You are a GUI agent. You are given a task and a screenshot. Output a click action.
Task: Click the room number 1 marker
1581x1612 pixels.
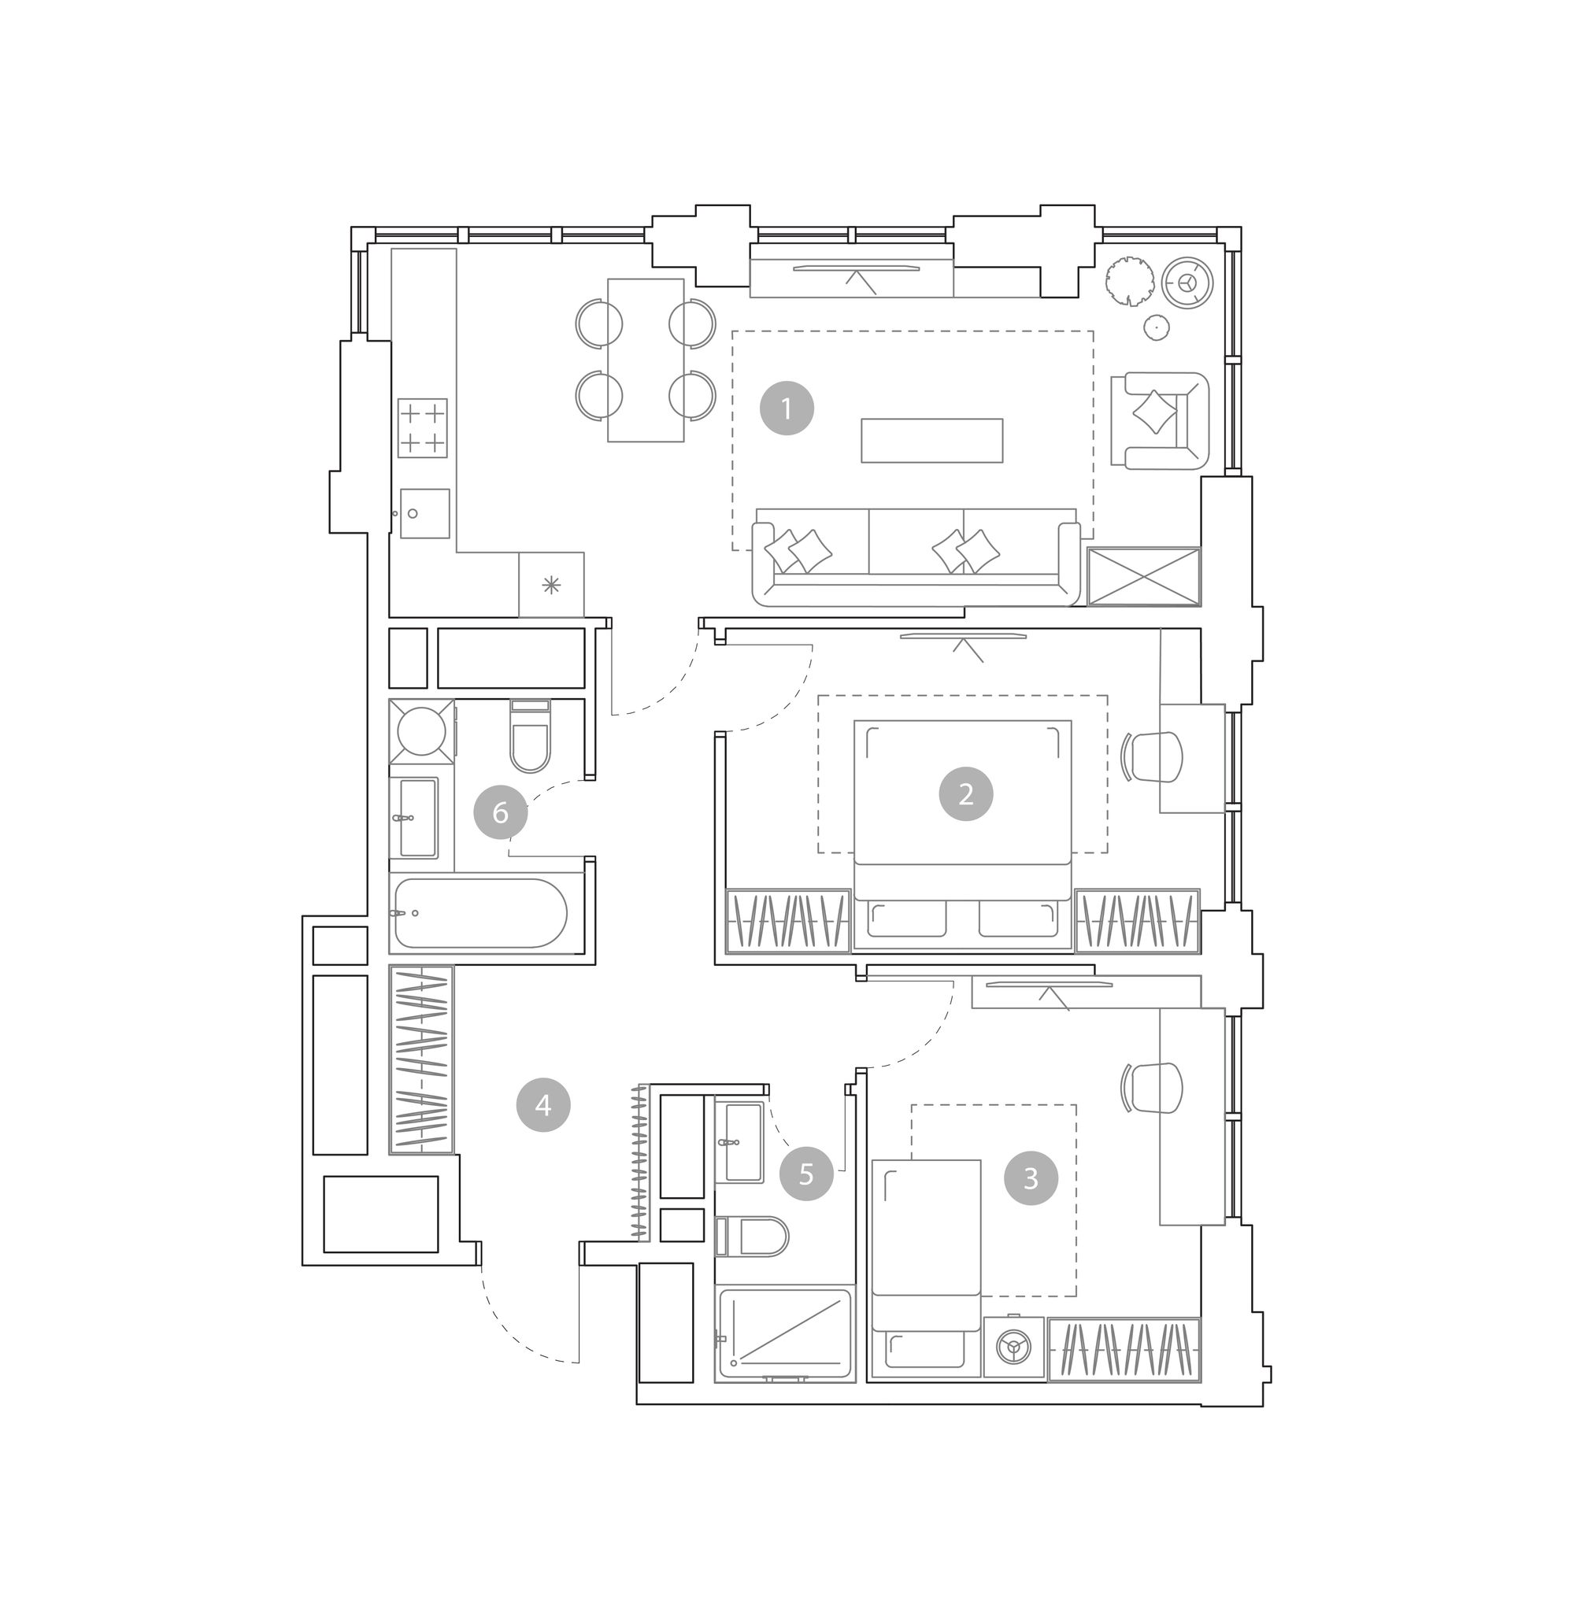tap(787, 408)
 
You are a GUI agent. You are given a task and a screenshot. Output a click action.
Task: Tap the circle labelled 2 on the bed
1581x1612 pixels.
tap(966, 794)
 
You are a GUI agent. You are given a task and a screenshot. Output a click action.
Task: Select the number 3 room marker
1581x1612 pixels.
tap(1031, 1178)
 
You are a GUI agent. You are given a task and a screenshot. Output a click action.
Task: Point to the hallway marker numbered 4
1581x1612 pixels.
tap(543, 1105)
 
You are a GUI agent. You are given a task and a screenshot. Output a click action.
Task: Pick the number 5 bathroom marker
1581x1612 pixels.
tap(805, 1174)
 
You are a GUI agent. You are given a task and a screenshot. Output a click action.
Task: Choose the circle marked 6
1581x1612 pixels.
tap(500, 812)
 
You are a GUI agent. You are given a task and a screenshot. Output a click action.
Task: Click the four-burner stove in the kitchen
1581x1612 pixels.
tap(423, 428)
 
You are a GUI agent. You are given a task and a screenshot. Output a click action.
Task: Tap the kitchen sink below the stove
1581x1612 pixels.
tap(425, 514)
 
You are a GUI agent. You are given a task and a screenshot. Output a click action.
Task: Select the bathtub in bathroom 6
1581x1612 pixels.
tap(481, 913)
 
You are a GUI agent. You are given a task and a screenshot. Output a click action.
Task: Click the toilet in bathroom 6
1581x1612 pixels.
tap(531, 735)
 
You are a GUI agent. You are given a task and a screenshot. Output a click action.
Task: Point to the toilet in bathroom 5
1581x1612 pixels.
tap(751, 1237)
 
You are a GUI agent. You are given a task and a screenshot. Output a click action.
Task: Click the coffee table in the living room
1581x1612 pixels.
tap(931, 441)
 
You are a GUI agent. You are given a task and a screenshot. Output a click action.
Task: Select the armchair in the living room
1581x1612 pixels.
tap(1160, 421)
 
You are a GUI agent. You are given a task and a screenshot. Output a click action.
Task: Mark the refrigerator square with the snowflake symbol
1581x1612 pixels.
tap(551, 585)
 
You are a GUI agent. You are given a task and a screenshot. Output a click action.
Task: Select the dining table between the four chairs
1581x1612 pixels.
tap(646, 360)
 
